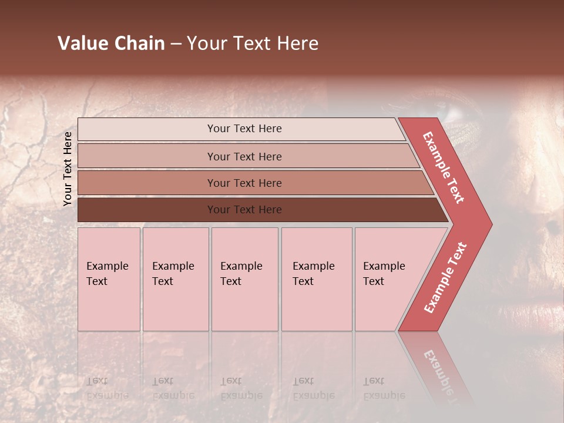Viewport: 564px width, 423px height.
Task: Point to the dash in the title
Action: [x=176, y=44]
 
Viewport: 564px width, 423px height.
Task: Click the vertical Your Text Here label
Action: [x=68, y=169]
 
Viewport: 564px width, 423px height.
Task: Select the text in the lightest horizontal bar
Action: [x=244, y=129]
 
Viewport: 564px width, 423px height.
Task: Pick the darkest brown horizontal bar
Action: [x=244, y=210]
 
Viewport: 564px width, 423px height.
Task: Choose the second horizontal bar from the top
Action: [x=244, y=156]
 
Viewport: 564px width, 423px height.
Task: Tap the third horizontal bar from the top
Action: [x=244, y=183]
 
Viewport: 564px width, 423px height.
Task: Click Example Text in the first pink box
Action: [x=107, y=274]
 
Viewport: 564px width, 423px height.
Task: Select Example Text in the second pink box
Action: [x=173, y=274]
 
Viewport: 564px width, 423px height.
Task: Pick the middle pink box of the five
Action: [x=244, y=279]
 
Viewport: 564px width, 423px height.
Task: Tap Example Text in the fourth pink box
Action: [x=313, y=274]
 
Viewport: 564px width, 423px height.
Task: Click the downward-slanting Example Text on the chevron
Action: [x=444, y=167]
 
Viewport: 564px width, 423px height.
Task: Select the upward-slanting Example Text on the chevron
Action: [x=446, y=278]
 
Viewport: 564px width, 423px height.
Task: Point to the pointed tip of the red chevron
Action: [x=490, y=224]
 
